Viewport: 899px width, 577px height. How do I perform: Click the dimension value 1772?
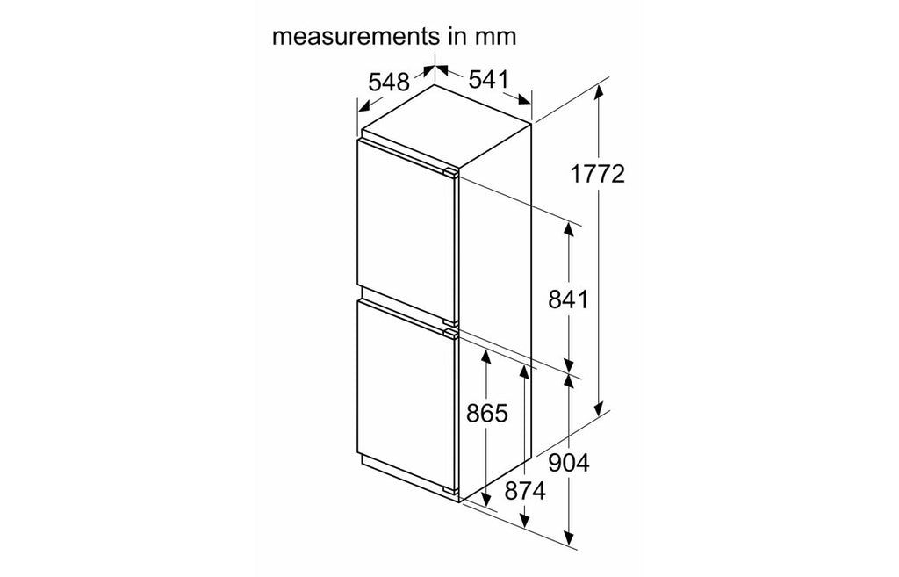tap(597, 174)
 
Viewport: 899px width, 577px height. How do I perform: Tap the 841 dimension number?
tap(568, 299)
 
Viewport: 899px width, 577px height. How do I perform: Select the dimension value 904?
tap(568, 463)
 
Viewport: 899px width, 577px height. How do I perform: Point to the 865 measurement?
tap(486, 413)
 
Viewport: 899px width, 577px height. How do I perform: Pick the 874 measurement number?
tap(525, 491)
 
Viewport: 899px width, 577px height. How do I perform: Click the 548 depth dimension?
tap(389, 83)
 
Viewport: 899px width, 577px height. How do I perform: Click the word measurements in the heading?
tap(355, 36)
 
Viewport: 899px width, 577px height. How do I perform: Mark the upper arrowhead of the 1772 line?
tap(599, 91)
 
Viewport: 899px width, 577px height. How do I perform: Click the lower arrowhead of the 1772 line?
tap(599, 408)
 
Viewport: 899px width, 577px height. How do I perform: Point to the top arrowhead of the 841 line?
tap(568, 231)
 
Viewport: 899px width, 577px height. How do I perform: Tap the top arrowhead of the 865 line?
tap(486, 357)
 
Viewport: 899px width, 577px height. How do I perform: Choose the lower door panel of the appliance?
tap(406, 395)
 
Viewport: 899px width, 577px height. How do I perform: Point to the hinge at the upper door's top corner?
tap(450, 172)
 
